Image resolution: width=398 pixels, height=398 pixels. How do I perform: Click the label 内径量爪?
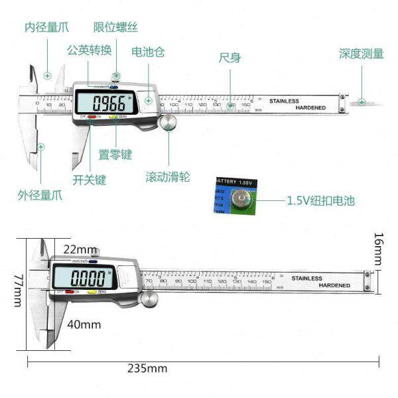tap(46, 28)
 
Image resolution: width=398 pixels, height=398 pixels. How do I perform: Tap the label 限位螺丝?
tap(116, 28)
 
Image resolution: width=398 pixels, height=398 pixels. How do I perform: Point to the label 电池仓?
tap(148, 51)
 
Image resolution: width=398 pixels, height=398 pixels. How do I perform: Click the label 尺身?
tap(230, 58)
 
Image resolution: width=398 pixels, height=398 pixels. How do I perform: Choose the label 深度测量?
tap(361, 53)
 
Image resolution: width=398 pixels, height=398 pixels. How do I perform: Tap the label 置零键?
tap(115, 155)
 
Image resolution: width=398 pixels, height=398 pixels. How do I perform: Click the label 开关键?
tap(90, 179)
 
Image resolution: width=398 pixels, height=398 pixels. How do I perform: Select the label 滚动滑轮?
tap(168, 177)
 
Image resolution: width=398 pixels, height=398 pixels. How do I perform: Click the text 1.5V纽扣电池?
tap(322, 200)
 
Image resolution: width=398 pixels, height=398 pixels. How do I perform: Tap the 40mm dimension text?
tap(84, 324)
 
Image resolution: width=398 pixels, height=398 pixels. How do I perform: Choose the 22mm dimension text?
tap(80, 249)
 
